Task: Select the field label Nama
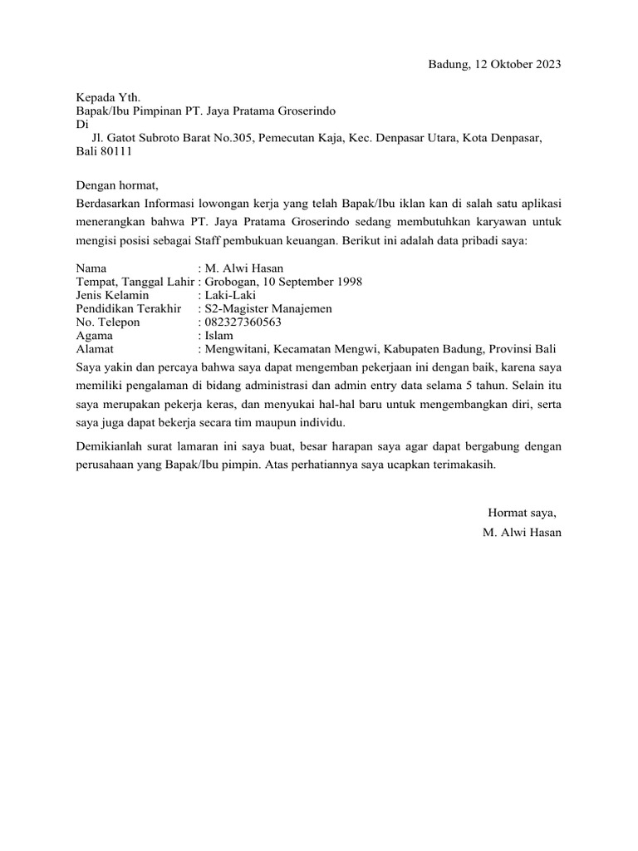[91, 268]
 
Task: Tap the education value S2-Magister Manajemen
[267, 308]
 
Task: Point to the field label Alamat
[95, 348]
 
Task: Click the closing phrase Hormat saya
[523, 512]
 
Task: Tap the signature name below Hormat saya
[522, 532]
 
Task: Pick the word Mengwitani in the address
[236, 348]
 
